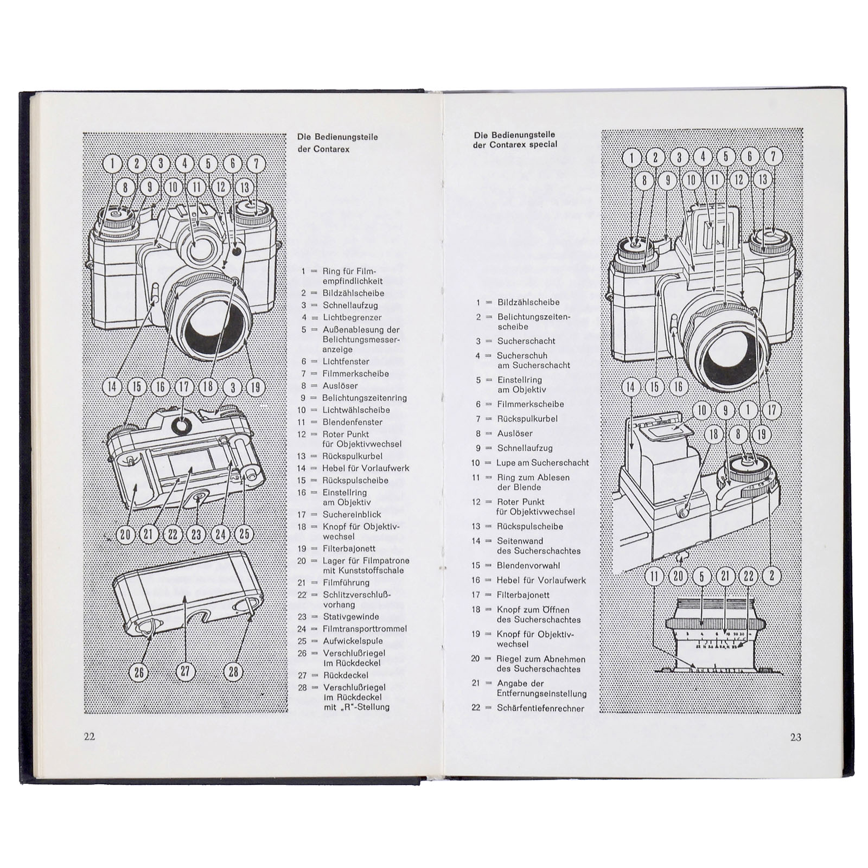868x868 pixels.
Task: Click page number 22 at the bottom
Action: click(90, 737)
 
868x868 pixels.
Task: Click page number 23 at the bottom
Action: click(795, 737)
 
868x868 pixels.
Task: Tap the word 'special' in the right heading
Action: click(539, 145)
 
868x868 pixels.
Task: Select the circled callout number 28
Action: click(233, 672)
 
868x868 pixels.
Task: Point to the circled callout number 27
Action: click(186, 672)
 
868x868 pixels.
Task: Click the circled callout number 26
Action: click(139, 672)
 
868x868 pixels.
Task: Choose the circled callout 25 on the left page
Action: click(244, 534)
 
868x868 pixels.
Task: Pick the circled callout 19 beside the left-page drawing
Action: click(255, 387)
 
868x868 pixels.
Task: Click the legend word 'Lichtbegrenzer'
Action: click(352, 317)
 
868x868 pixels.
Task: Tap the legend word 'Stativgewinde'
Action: click(351, 617)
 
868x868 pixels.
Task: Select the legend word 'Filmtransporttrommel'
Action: click(365, 629)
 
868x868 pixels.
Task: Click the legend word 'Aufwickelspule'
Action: click(353, 641)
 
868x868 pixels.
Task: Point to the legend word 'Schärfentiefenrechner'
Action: click(540, 708)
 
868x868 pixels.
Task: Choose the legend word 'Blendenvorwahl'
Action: click(528, 565)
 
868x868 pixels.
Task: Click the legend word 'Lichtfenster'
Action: click(346, 361)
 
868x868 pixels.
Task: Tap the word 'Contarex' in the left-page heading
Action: click(331, 149)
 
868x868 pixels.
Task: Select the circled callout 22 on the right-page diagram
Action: click(749, 576)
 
